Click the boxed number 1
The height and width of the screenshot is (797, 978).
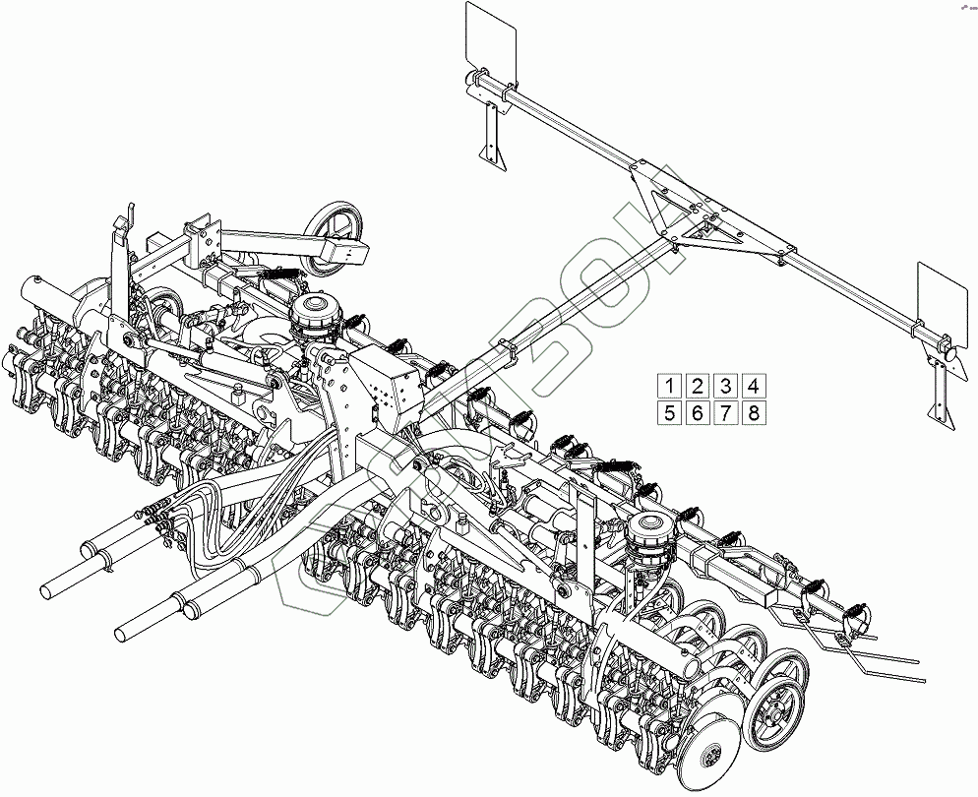(x=669, y=386)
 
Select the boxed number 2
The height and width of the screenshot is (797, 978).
(x=697, y=386)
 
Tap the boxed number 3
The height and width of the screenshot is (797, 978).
(x=725, y=386)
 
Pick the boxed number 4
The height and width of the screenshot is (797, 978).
(x=753, y=386)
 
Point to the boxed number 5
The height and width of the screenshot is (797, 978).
(x=669, y=413)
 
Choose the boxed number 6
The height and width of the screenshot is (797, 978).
(x=697, y=413)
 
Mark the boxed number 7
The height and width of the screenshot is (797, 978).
(x=725, y=413)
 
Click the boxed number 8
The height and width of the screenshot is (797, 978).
(x=753, y=413)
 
